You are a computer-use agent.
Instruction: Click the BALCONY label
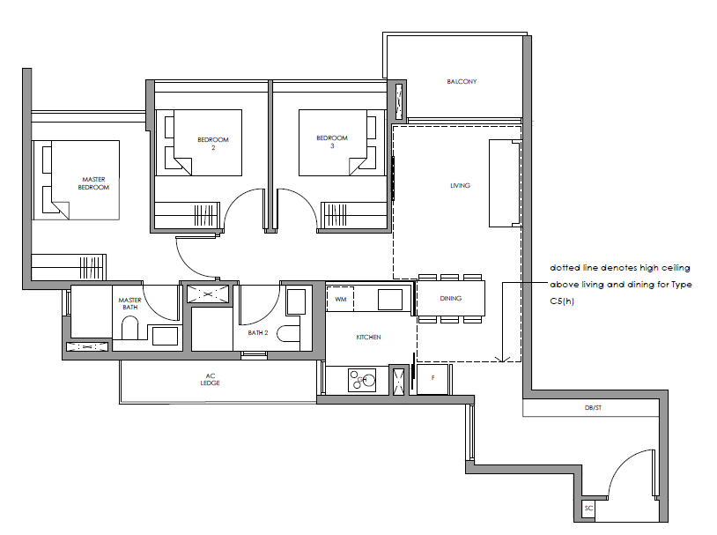pos(462,81)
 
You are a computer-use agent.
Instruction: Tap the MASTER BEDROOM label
pos(93,183)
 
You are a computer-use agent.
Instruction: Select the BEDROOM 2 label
pos(213,144)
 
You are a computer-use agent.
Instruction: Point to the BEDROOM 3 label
pos(332,141)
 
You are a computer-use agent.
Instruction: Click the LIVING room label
pos(460,185)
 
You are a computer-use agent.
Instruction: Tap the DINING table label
pos(450,299)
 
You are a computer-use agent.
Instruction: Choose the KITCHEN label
pos(368,338)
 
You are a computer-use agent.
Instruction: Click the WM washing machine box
pos(340,300)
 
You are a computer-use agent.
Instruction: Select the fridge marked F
pos(432,378)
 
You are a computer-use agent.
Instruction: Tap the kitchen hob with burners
pos(362,380)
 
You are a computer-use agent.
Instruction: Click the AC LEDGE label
pos(210,379)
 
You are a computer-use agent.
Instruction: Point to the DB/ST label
pos(593,408)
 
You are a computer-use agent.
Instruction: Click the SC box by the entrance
pos(588,509)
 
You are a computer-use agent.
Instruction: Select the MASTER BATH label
pos(129,303)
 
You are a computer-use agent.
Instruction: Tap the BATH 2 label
pos(258,332)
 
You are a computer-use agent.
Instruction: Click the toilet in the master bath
pos(129,329)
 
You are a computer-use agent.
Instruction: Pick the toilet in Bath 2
pos(288,334)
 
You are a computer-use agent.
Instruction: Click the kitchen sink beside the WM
pos(390,300)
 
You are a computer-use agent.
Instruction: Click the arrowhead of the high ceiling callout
pos(502,360)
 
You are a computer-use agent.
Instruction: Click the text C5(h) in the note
pos(562,301)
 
